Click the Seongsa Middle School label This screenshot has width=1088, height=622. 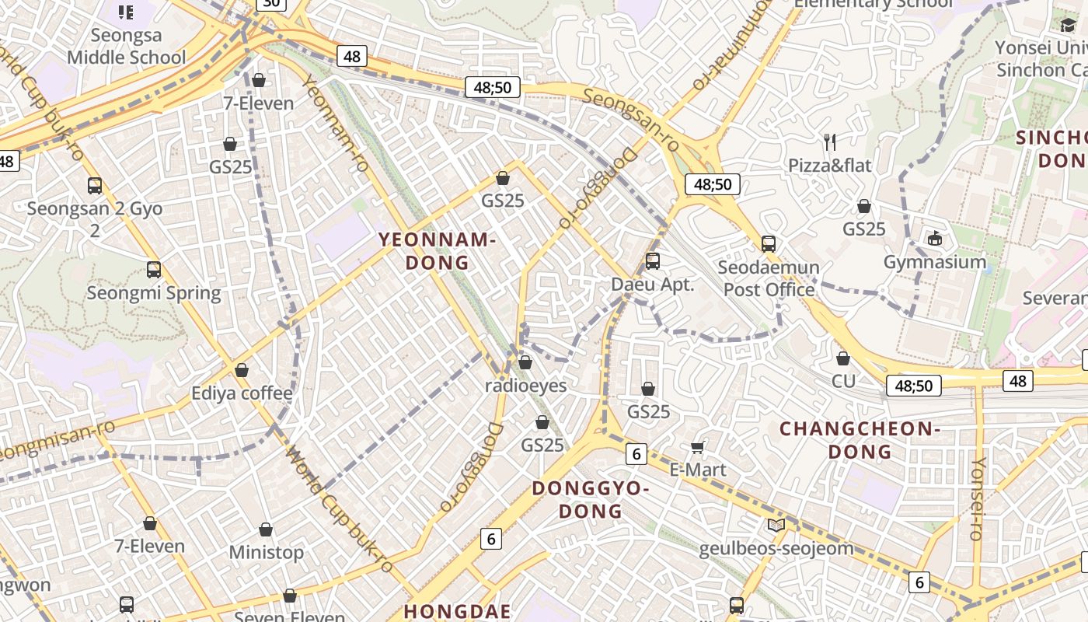click(126, 46)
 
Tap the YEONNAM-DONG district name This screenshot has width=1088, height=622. click(438, 250)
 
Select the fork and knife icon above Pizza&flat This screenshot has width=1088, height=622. click(830, 142)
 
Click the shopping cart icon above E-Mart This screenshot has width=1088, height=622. click(697, 446)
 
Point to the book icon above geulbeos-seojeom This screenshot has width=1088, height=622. click(776, 525)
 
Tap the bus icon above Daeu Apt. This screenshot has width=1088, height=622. click(653, 260)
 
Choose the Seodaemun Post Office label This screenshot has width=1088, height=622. click(768, 278)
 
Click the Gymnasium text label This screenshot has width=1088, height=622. click(934, 262)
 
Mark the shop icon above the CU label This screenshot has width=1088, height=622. click(843, 358)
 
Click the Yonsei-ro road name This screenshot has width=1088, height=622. click(978, 498)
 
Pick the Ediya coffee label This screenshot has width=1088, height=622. click(242, 393)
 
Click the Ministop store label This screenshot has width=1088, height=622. click(266, 552)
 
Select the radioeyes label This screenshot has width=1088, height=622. click(525, 385)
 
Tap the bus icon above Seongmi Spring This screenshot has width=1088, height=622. click(154, 270)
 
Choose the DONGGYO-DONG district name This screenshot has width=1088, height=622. click(590, 499)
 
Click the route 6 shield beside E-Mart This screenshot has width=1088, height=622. click(636, 454)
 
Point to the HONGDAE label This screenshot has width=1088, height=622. click(458, 611)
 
